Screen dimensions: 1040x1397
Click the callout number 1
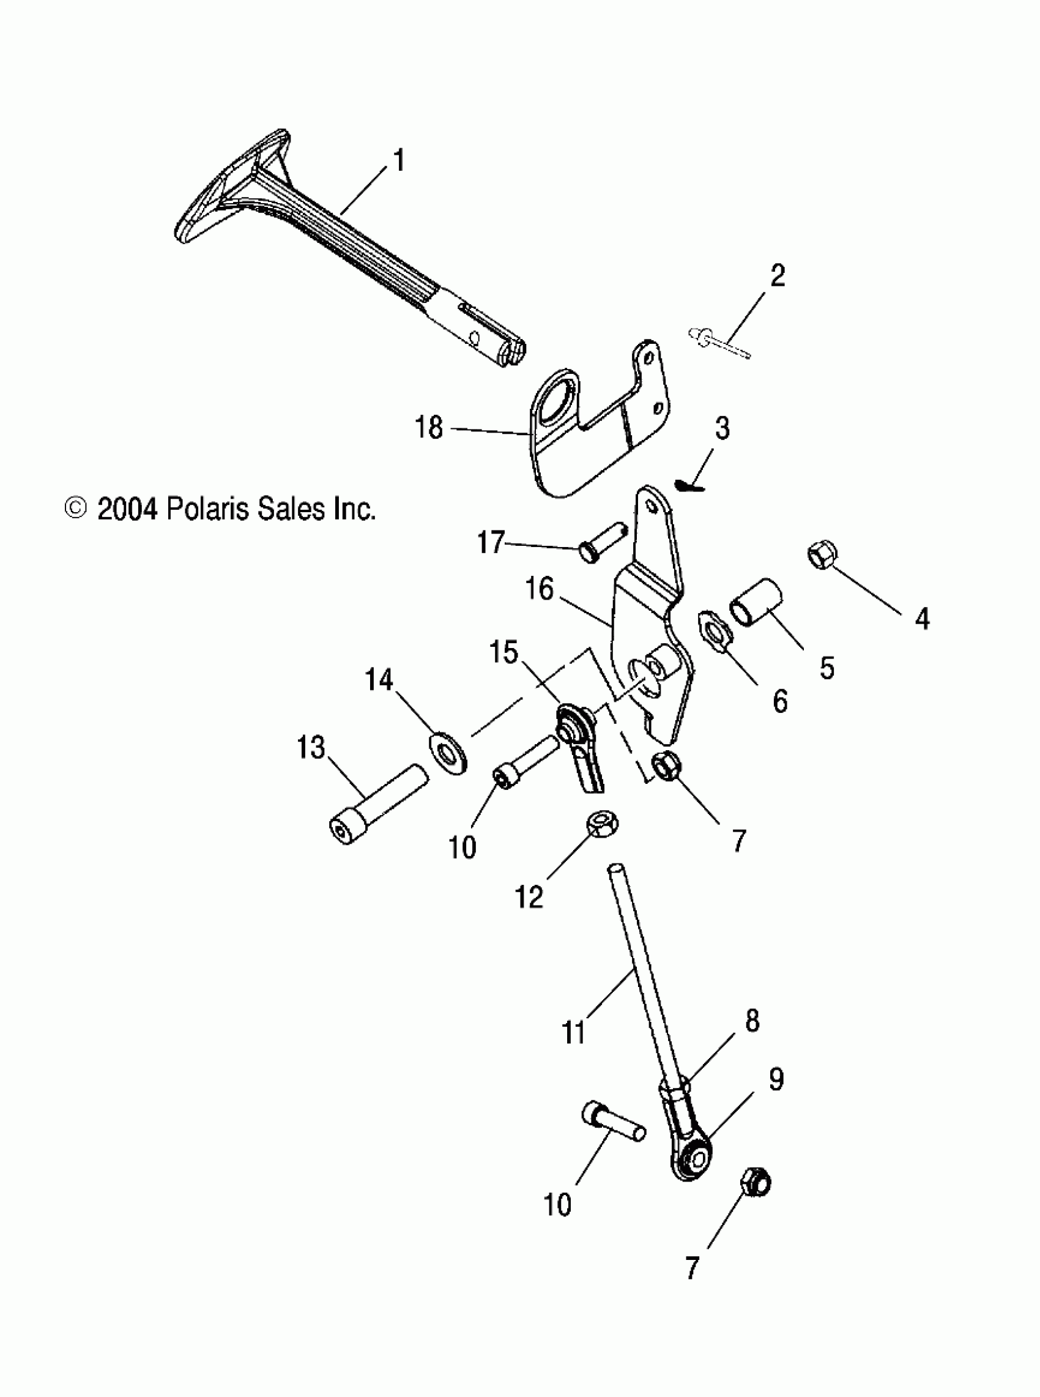click(x=398, y=161)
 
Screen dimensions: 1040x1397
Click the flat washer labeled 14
click(x=448, y=751)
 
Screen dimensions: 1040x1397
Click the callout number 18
click(x=429, y=428)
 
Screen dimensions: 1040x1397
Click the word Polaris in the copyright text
click(x=207, y=509)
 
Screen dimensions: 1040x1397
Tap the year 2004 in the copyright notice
click(x=127, y=509)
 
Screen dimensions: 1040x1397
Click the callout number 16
click(x=540, y=590)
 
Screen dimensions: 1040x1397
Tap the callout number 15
click(x=503, y=653)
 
